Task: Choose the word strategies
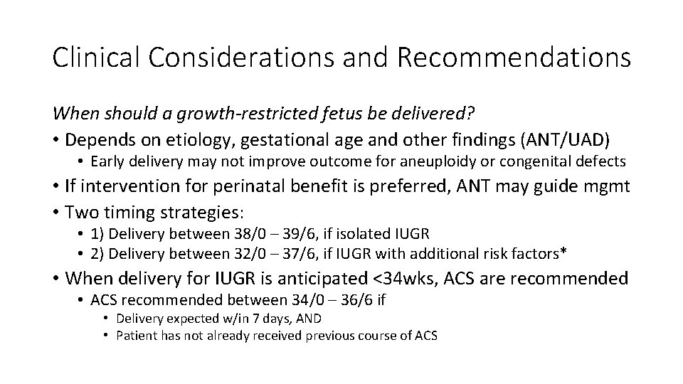201,213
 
